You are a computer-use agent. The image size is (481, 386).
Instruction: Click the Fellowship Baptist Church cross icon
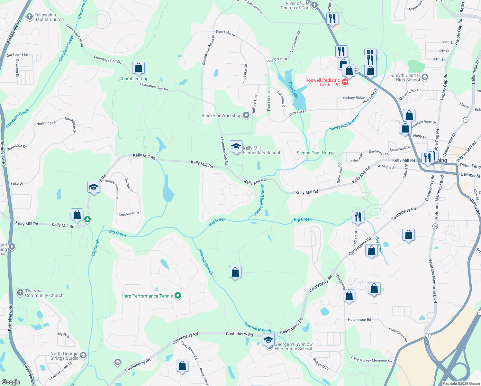click(30, 17)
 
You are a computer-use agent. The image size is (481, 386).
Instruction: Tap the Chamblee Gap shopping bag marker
click(138, 68)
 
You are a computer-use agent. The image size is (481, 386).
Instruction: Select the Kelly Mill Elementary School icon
click(236, 147)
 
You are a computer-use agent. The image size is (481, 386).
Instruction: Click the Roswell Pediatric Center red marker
click(345, 82)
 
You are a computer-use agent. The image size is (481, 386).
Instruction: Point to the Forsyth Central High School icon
click(424, 77)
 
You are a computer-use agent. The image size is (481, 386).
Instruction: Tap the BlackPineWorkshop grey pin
click(246, 115)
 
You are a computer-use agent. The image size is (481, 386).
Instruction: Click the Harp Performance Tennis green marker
click(178, 296)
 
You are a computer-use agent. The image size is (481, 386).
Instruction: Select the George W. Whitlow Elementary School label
click(293, 346)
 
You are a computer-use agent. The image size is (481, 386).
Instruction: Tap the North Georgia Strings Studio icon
click(83, 355)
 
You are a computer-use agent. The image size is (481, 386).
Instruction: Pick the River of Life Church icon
click(314, 5)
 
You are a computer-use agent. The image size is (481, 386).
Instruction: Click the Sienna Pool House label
click(315, 153)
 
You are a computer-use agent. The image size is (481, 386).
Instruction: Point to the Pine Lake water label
click(293, 90)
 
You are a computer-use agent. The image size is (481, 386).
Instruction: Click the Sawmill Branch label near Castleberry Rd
click(257, 327)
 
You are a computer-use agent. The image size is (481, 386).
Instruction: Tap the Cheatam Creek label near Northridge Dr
click(17, 118)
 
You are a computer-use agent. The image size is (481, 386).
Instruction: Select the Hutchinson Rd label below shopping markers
click(359, 320)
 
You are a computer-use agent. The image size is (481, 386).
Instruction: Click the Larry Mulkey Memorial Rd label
click(371, 359)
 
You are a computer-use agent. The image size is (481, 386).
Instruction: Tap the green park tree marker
click(87, 219)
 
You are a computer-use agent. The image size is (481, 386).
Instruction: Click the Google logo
click(11, 382)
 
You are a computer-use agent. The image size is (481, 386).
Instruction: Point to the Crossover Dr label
click(129, 214)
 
